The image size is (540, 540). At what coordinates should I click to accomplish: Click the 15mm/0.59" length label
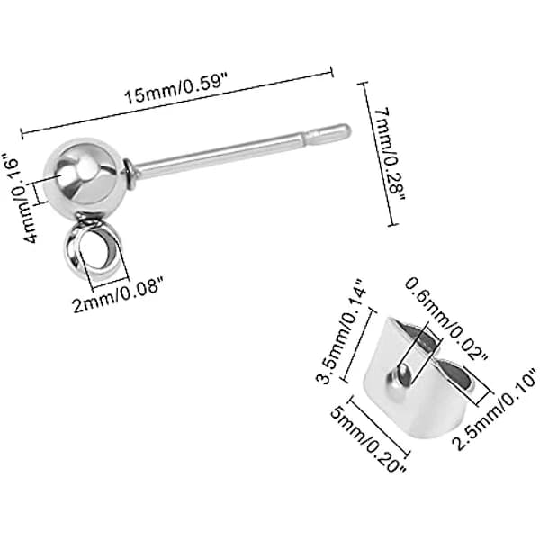176,91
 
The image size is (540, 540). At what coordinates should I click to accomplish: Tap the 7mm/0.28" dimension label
391,154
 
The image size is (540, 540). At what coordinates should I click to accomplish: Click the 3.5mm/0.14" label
340,331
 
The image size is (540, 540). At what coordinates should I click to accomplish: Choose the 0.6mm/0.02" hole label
446,319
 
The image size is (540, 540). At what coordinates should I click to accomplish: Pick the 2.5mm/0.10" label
495,409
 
